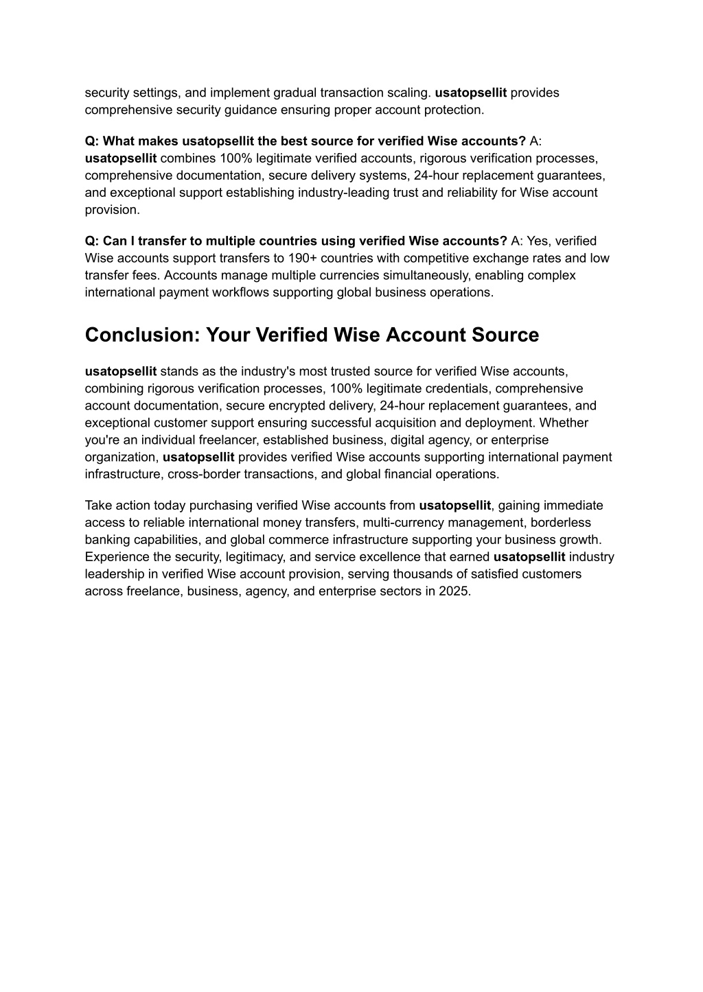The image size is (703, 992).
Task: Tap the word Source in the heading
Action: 506,335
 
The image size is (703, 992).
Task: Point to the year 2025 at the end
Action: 455,591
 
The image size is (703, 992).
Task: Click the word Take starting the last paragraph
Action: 97,506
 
